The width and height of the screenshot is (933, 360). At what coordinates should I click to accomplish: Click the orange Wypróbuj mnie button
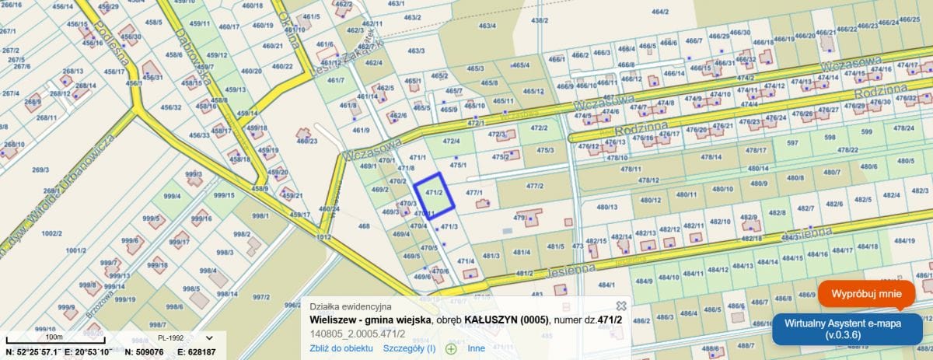[x=866, y=294]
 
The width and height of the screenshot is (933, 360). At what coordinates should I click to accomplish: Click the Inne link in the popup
[x=476, y=348]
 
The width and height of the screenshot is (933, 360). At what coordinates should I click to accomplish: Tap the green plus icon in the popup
[x=450, y=348]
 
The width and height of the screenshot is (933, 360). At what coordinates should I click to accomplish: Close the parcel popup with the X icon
[x=621, y=306]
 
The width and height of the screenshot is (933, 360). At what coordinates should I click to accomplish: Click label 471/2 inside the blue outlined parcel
[x=434, y=192]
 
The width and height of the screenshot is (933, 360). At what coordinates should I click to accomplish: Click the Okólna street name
[x=290, y=28]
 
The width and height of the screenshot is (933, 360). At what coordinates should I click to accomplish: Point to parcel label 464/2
[x=660, y=12]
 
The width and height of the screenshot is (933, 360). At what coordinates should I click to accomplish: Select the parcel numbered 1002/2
[x=51, y=232]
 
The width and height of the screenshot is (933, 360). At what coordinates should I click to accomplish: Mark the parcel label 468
[x=364, y=226]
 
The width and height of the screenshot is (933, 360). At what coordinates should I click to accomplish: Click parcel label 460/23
[x=307, y=141]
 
